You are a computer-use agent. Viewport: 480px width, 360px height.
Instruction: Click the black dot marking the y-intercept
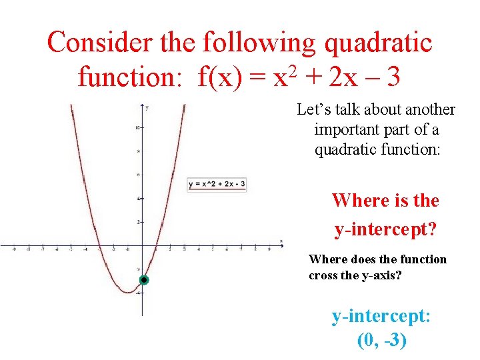click(x=143, y=281)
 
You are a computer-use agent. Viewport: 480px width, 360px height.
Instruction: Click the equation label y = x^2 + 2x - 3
click(x=217, y=184)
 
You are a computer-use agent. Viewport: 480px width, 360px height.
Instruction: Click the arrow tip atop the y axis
click(x=143, y=105)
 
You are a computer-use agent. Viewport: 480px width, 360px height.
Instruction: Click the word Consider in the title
click(x=99, y=43)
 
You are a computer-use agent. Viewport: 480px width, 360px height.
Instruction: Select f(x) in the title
click(x=220, y=78)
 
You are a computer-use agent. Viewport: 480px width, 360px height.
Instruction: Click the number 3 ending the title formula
click(x=393, y=78)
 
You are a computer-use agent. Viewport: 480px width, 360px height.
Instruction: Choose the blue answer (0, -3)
click(x=381, y=340)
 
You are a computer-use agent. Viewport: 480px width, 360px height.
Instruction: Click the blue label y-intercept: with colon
click(x=381, y=315)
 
